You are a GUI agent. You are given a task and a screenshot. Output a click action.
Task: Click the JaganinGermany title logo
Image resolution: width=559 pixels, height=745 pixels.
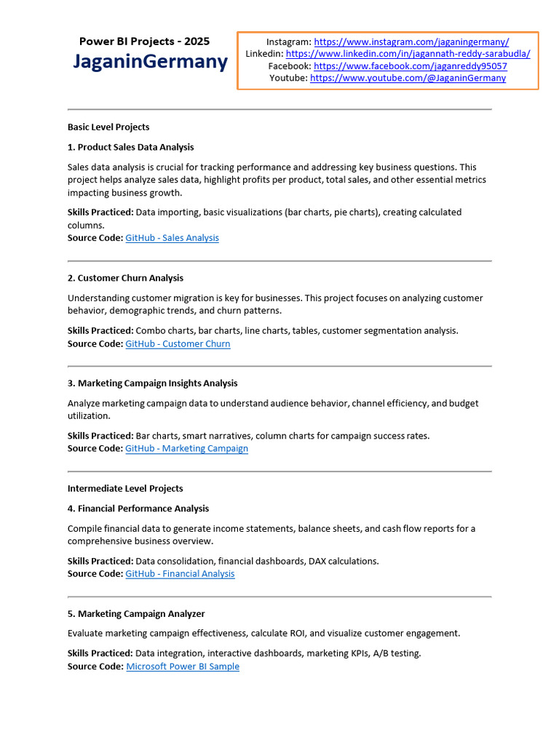point(150,62)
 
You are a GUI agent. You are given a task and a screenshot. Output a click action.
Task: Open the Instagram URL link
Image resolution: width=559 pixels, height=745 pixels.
point(411,42)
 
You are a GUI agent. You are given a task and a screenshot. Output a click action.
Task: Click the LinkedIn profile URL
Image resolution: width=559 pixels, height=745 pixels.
point(408,54)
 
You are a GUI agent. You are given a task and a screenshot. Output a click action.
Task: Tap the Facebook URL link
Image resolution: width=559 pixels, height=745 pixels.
point(411,66)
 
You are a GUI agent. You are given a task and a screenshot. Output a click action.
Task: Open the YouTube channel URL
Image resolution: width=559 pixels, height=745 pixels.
point(408,78)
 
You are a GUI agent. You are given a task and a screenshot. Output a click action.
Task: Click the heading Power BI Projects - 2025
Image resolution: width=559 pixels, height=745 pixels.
point(144,41)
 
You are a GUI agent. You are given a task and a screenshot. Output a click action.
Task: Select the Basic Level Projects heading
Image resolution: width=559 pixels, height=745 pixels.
point(108,127)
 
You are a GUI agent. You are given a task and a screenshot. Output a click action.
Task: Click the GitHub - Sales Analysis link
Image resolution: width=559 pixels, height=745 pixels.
point(172,238)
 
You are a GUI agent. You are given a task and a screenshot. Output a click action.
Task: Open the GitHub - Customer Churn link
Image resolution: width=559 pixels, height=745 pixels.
point(178,343)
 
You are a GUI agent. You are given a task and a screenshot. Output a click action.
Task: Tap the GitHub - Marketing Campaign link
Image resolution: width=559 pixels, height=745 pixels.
point(186,448)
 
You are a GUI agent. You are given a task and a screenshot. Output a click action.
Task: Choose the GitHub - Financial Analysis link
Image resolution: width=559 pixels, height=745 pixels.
point(180,574)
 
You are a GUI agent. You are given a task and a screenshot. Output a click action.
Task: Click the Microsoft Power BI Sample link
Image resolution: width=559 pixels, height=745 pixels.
point(183,666)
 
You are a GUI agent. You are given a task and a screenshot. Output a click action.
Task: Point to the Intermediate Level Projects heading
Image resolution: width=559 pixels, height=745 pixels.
point(125,488)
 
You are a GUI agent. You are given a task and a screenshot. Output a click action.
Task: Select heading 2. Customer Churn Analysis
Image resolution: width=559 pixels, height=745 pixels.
point(125,278)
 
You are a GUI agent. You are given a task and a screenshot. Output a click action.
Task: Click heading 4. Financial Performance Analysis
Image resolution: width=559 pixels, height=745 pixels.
point(138,509)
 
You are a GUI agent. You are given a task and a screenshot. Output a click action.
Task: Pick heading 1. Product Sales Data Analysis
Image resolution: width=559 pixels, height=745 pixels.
point(131,147)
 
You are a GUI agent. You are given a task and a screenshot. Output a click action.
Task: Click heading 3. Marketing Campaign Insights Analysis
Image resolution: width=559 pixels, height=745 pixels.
point(153,383)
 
